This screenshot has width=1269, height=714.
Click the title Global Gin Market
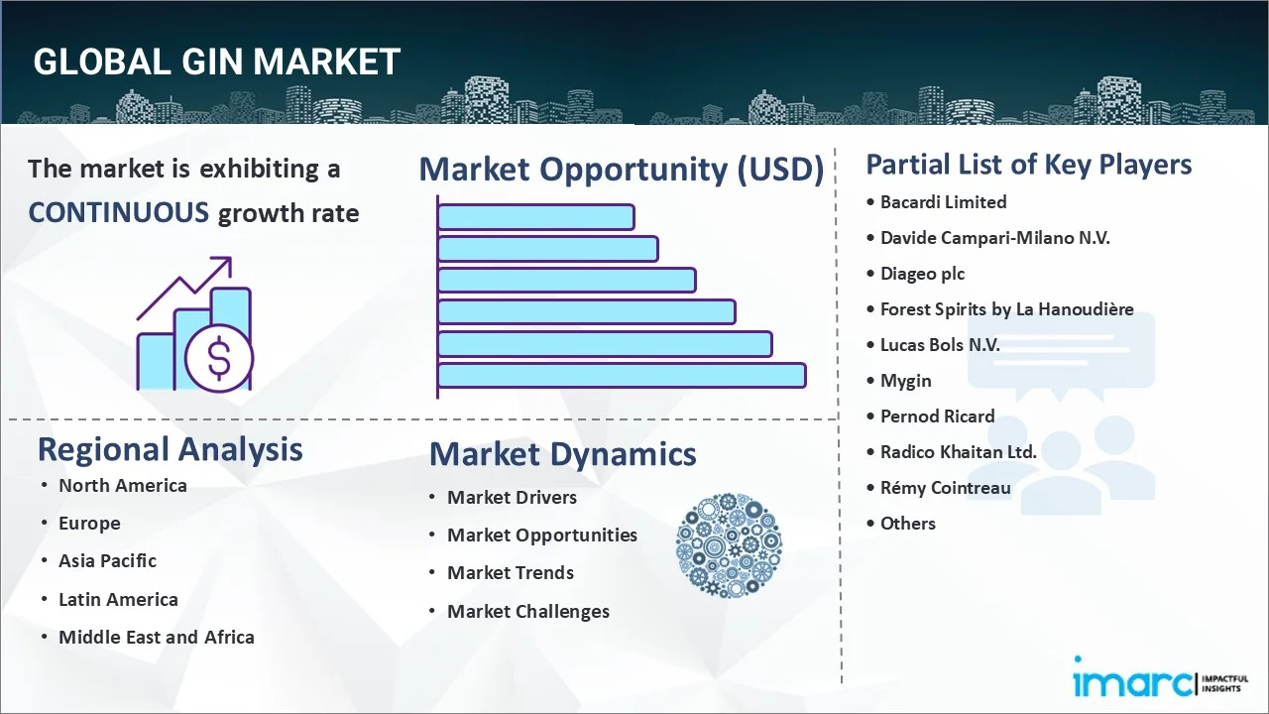(216, 61)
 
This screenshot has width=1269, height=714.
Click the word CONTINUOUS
(119, 212)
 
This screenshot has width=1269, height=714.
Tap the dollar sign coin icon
(219, 358)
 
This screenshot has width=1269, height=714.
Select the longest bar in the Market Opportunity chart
(622, 375)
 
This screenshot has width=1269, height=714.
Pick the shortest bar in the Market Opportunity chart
(535, 216)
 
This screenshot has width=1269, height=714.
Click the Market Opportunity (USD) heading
(622, 170)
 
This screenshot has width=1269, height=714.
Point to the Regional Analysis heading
(170, 449)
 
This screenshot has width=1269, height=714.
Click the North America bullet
(122, 485)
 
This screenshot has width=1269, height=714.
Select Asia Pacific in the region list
(107, 560)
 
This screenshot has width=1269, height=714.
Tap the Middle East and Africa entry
(156, 637)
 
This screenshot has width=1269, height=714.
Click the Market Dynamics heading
(562, 454)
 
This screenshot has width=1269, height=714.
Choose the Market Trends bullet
(510, 572)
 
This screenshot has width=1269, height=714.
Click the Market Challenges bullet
(527, 611)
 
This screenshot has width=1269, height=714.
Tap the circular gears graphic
(729, 545)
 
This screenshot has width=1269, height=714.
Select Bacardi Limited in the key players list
(943, 202)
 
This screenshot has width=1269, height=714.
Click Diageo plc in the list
(922, 274)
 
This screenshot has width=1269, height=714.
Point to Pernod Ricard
(937, 416)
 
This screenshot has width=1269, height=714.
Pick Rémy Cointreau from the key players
(945, 488)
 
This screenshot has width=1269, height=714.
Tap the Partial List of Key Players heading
(1028, 164)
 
